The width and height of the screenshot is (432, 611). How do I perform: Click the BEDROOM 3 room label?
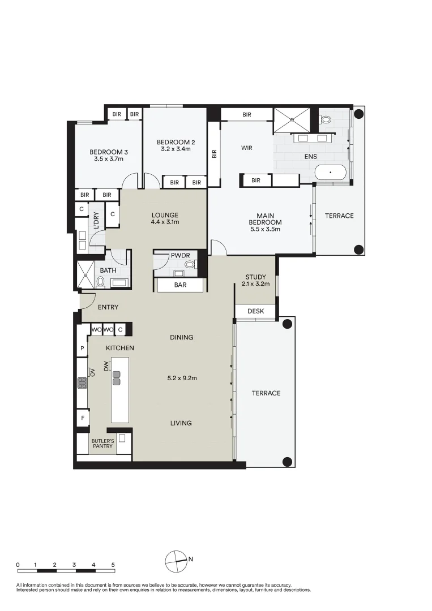coord(108,152)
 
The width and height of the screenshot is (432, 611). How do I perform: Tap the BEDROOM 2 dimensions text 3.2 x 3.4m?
coord(176,149)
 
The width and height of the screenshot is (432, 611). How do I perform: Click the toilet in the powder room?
coord(190,264)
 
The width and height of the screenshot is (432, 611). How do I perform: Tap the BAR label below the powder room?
coord(180,285)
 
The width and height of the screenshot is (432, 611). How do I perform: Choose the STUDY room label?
coord(255,277)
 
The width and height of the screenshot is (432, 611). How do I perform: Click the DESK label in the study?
coord(255,311)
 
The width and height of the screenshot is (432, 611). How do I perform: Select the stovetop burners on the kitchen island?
coord(117,377)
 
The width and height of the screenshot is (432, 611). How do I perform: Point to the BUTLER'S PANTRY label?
coord(102,443)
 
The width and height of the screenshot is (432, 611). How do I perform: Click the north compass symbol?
coord(176,561)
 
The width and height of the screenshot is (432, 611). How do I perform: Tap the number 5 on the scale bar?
coord(113,565)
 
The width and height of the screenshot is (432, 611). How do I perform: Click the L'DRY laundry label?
coord(96,220)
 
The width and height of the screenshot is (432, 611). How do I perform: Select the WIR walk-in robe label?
coord(246,148)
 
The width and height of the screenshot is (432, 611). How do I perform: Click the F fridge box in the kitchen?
coord(82,418)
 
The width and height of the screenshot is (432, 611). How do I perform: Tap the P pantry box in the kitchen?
coord(82,348)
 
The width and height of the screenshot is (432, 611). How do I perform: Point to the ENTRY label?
coord(108,307)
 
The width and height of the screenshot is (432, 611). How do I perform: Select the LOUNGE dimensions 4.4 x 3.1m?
coord(165,222)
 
